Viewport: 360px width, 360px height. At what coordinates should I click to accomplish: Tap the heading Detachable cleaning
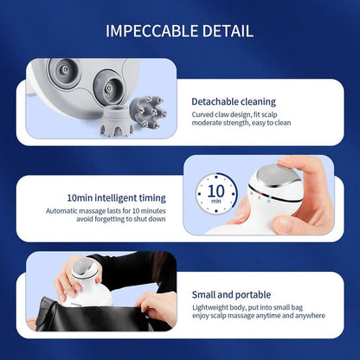point(233,100)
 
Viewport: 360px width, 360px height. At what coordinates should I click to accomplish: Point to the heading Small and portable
point(231,295)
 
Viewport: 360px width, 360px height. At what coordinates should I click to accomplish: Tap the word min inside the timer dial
point(216,202)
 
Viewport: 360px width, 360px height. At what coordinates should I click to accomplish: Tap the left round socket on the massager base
point(62,72)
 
